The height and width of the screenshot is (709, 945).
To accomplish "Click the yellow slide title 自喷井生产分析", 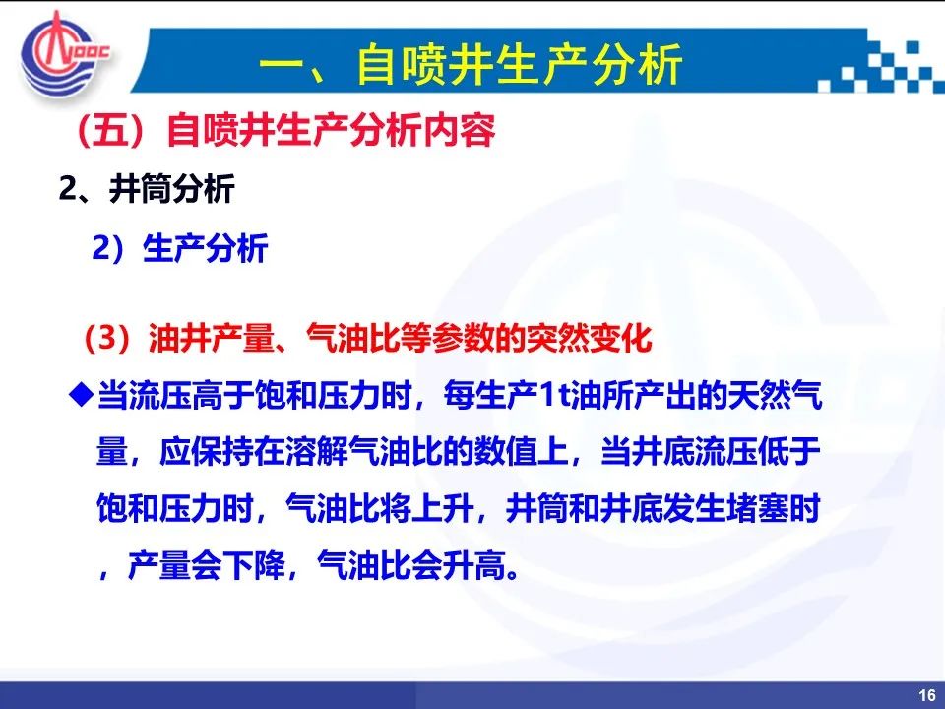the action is pos(520,64).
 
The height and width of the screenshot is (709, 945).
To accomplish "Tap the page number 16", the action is pos(927,695).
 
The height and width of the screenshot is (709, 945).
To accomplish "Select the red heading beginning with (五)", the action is pos(286,130).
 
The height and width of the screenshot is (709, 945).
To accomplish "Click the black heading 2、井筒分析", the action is pos(147,189).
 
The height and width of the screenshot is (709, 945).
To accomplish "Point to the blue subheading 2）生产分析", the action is pos(179,248).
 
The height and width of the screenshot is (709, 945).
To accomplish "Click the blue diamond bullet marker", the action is pos(82,396).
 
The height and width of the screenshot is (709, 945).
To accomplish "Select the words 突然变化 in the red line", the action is pos(589,338).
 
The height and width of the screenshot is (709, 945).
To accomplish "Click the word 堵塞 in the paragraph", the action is pos(758,508).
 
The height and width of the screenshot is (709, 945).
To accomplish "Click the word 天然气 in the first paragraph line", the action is pos(775,396).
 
